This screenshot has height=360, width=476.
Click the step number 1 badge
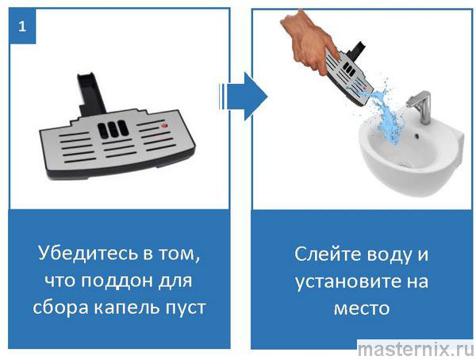point(22,26)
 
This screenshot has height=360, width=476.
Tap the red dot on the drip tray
point(164,125)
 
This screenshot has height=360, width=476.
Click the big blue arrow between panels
point(244,97)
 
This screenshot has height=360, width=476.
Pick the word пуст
point(186,308)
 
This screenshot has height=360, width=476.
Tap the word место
point(362,308)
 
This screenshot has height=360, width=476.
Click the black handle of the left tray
point(90,94)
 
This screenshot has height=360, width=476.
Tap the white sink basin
point(411,152)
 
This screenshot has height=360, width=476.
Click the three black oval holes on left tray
point(113,128)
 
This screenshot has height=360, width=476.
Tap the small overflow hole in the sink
point(417,135)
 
